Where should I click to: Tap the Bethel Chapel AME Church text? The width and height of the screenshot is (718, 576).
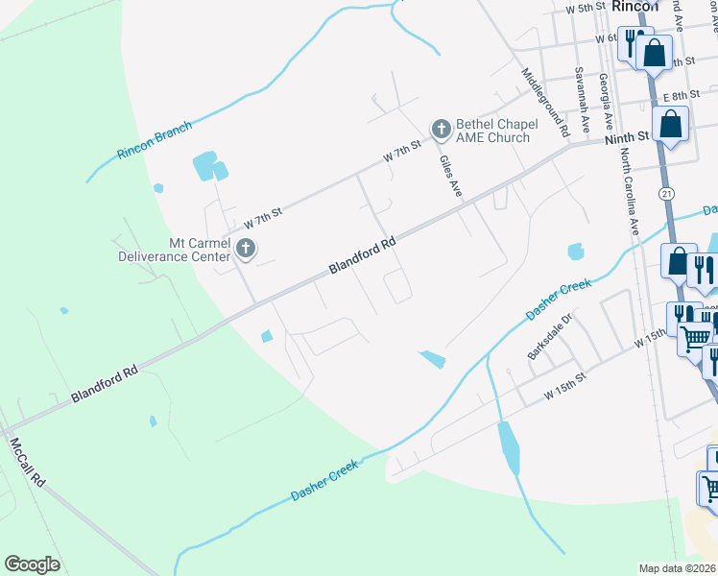492,131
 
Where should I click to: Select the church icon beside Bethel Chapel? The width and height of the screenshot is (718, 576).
441,129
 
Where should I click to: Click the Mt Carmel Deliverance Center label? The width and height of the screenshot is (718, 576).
174,250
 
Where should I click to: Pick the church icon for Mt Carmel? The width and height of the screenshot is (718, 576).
245,250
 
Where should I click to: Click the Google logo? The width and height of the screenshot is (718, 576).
32,564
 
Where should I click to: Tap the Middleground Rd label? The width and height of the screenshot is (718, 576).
545,101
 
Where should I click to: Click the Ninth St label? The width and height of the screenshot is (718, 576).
627,140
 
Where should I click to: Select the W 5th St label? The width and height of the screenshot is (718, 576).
586,8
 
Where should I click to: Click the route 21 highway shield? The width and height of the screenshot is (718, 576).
667,194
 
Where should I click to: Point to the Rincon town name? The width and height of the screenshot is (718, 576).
635,6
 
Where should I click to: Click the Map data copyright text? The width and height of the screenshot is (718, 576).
678,568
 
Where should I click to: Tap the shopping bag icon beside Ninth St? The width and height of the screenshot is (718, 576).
672,124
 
